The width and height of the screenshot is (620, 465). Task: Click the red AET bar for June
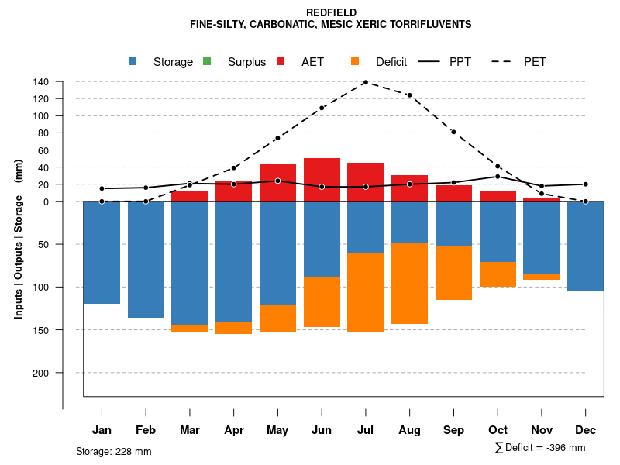pos(322,180)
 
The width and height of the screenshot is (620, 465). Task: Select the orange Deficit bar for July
pos(366,292)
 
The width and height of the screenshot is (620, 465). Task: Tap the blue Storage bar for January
pos(102,253)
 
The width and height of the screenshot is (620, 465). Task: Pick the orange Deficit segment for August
pos(409,284)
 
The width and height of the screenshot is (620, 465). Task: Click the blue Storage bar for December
pos(585,246)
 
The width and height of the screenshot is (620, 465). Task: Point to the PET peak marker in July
pos(365,82)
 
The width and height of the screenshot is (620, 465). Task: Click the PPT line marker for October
pos(498,177)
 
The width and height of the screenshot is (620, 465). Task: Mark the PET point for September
pos(453,133)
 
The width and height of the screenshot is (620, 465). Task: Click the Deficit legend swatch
pos(355,62)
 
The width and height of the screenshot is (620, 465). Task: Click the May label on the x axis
pos(277,430)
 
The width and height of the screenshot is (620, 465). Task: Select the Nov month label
pos(542,430)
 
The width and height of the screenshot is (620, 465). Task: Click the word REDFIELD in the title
pos(331,13)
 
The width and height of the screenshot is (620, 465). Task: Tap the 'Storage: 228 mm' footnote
pos(113,451)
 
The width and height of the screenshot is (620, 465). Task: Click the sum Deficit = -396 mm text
pos(540,448)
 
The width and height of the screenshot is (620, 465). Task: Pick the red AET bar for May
pos(277,183)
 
